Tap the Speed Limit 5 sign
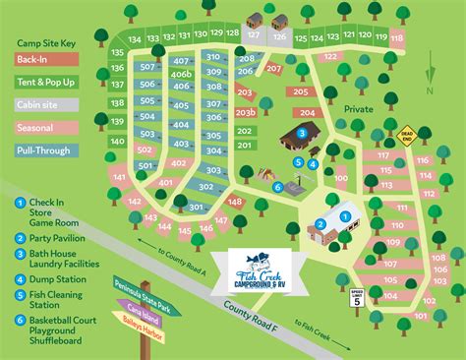[x=355, y=298]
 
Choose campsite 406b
[x=181, y=74]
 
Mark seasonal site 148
[x=235, y=202]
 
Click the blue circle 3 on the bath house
[x=302, y=134]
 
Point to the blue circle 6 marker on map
[x=277, y=187]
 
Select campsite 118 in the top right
[x=396, y=38]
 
